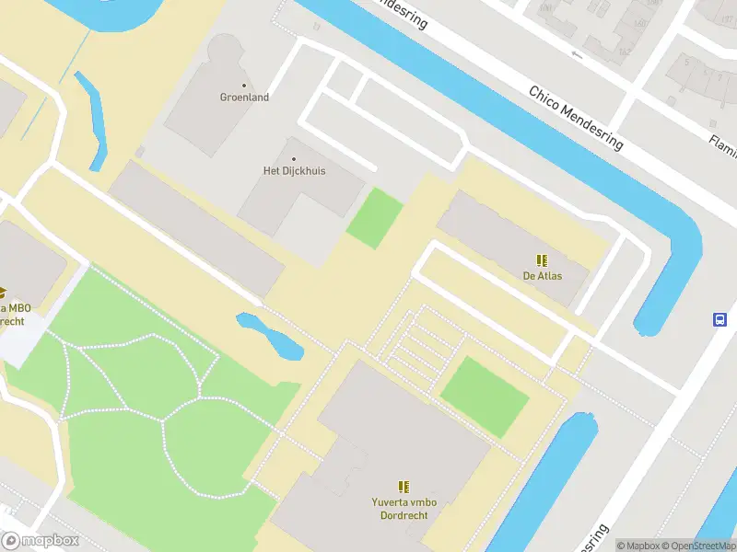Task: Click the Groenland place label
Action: tap(244, 97)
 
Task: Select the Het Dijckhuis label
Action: tap(294, 170)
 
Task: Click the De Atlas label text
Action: tap(542, 275)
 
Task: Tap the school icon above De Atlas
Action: tap(542, 260)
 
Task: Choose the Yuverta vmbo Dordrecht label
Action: tap(403, 509)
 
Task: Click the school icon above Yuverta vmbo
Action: tap(403, 486)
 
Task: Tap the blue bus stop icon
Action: tap(719, 319)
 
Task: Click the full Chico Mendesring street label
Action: tap(576, 118)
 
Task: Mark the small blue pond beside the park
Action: tap(271, 335)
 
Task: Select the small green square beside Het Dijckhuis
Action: tap(374, 218)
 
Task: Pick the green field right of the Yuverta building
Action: tap(485, 397)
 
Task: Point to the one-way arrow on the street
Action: tap(577, 54)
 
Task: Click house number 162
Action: tap(625, 52)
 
